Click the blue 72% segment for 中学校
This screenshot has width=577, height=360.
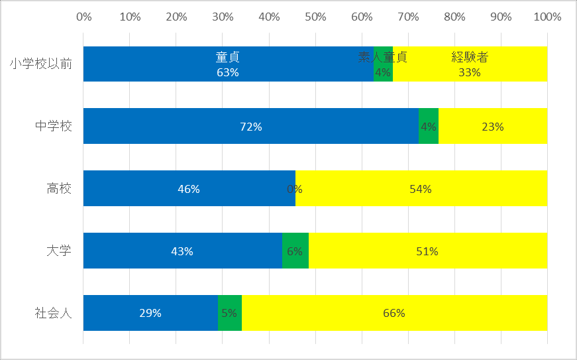pos(251,126)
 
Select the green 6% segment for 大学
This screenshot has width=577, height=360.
pos(295,251)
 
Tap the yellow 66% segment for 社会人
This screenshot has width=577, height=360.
pos(394,312)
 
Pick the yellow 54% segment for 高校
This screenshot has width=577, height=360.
pos(421,188)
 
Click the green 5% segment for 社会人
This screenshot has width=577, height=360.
pos(230,312)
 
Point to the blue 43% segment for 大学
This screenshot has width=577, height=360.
pos(183,251)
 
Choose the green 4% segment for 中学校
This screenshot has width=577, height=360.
pos(429,126)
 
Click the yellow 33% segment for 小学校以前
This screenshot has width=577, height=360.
pos(470,64)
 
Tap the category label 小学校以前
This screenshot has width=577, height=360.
pos(41,64)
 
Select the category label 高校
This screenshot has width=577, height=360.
pos(59,188)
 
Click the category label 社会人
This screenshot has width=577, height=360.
pos(54,313)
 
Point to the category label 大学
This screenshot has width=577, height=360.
pos(59,251)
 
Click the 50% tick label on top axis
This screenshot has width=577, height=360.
pos(315,17)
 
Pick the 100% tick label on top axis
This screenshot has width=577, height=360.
pos(547,17)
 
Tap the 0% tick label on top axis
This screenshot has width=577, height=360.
pos(84,17)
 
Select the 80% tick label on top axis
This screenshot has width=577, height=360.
pos(454,17)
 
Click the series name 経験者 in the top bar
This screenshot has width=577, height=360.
pos(470,57)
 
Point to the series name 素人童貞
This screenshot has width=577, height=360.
pos(383,57)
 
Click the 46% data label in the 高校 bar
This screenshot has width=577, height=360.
pos(189,189)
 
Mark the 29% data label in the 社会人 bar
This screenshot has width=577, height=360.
pos(150,313)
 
